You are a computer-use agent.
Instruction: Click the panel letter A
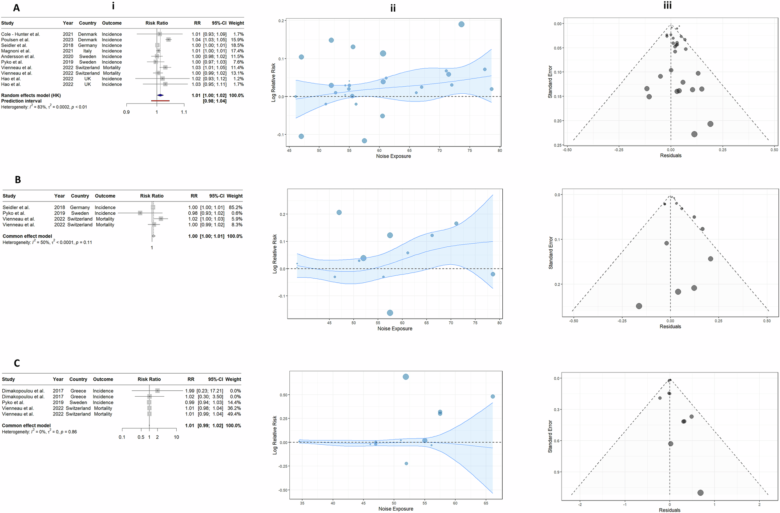point(16,8)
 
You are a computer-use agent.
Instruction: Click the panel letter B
point(18,180)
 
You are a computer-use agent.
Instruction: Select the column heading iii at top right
point(668,5)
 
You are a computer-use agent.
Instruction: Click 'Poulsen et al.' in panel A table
point(15,40)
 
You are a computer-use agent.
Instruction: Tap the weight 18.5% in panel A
point(237,45)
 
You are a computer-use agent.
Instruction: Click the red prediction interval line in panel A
point(160,101)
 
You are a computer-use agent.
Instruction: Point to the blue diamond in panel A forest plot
point(160,95)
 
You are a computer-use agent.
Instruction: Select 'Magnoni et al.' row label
point(16,51)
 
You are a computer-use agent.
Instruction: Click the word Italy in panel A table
point(87,51)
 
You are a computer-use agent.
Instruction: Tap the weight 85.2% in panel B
point(236,207)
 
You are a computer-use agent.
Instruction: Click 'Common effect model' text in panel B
point(27,236)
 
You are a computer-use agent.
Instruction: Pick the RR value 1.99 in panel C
point(190,391)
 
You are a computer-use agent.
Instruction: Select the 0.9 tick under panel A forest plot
point(126,112)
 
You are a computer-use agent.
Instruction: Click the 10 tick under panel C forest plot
point(176,437)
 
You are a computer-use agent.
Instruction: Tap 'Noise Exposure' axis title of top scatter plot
point(393,156)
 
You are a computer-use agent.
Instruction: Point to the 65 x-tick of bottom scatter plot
point(486,503)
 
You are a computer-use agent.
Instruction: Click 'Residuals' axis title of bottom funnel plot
point(670,510)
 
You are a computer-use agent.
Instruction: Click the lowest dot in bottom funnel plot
point(700,493)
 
